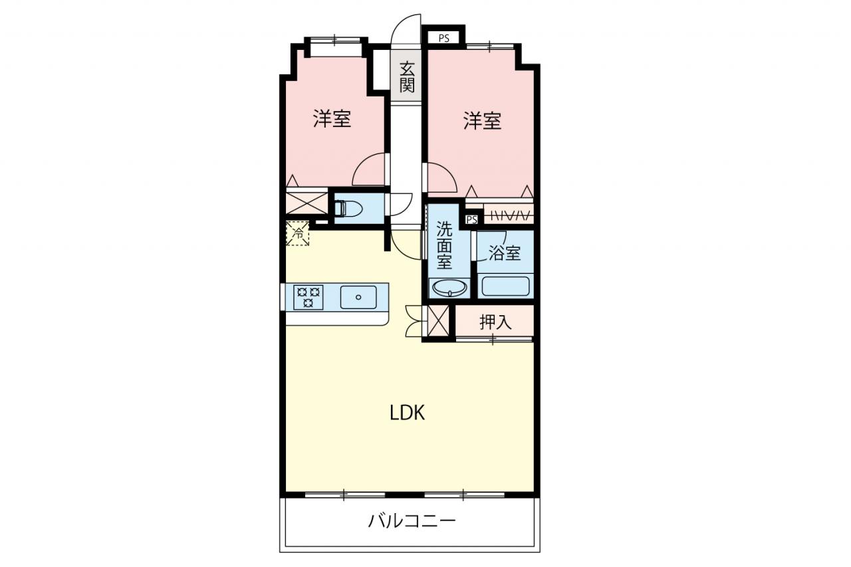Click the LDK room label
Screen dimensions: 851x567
click(408, 413)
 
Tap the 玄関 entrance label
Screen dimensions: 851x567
click(407, 78)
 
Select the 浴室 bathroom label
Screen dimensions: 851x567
click(505, 253)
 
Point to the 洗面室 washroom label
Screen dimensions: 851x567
click(444, 245)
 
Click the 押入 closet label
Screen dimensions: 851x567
click(495, 322)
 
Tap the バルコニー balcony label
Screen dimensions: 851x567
click(412, 520)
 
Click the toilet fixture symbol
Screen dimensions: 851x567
click(348, 209)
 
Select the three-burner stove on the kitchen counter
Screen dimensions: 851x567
click(308, 297)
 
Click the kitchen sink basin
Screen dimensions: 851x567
click(358, 297)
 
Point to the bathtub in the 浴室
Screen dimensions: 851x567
click(505, 286)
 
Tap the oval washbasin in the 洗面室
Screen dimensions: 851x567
click(450, 288)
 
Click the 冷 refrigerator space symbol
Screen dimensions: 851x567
click(298, 233)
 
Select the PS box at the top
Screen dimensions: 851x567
click(443, 39)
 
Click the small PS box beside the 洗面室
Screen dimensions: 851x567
click(471, 220)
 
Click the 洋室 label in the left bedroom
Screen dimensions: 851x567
click(332, 118)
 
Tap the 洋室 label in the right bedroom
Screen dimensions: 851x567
click(482, 120)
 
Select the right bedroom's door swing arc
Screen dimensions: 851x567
click(449, 171)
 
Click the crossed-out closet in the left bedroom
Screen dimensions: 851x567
click(306, 203)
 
